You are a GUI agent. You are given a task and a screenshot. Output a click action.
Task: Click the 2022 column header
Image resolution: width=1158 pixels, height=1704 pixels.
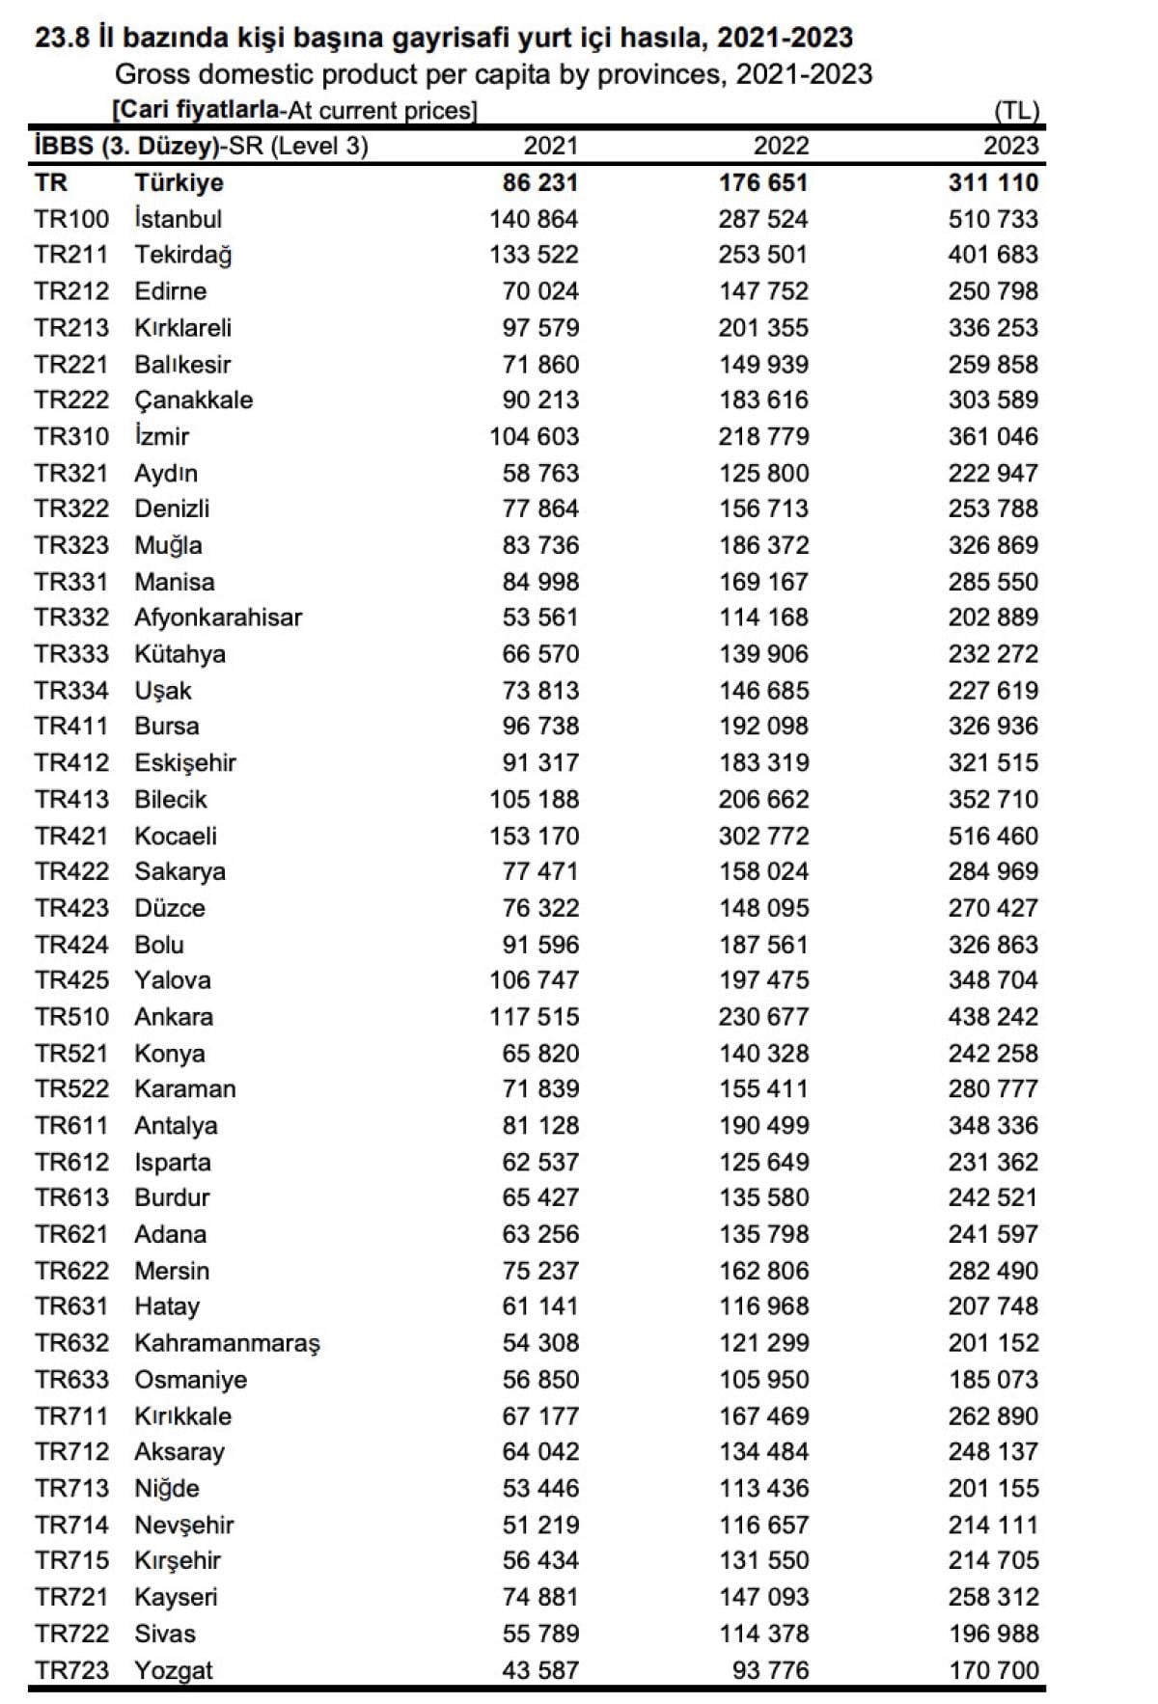[x=781, y=146]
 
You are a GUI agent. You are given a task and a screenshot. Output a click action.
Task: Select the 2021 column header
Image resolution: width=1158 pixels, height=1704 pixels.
[x=550, y=146]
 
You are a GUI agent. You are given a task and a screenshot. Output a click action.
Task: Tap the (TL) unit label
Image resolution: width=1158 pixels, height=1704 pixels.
[x=1016, y=110]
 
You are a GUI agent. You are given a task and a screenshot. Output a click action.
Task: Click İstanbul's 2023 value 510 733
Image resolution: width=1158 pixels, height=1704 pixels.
[x=993, y=219]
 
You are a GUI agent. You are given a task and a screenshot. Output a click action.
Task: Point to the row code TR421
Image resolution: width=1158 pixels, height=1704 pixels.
[x=71, y=836]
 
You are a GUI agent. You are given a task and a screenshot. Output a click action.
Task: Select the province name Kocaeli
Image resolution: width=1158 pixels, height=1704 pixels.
[x=176, y=836]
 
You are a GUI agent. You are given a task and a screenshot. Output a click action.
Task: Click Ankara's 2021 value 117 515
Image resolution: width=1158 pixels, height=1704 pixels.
[x=534, y=1017]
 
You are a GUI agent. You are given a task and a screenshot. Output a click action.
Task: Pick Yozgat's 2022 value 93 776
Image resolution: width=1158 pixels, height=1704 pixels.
[x=770, y=1670]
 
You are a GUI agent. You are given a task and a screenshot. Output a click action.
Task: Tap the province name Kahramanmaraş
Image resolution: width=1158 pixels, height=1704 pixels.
[x=227, y=1343]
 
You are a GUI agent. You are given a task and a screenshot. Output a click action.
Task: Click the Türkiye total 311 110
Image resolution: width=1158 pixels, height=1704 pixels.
[x=993, y=182]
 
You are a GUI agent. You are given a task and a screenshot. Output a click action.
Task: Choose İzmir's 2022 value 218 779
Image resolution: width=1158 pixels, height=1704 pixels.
[x=763, y=436]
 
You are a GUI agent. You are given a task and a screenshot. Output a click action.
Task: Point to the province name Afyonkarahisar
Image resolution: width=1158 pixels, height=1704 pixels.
[x=218, y=618]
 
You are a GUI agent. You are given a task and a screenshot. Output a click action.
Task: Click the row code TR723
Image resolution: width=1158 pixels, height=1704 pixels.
[x=71, y=1670]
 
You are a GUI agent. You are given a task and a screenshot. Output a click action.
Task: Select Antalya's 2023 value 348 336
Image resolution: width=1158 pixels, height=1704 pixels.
[x=993, y=1125]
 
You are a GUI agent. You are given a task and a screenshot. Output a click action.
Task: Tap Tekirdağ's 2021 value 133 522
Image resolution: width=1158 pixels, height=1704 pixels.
[x=534, y=255]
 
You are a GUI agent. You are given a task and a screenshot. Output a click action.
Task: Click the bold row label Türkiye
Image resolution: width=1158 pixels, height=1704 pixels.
[x=179, y=182]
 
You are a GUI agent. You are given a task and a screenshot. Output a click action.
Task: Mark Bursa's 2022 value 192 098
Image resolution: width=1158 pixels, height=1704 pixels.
[x=763, y=727]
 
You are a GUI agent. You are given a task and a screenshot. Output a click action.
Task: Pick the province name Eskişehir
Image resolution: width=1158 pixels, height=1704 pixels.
[x=185, y=763]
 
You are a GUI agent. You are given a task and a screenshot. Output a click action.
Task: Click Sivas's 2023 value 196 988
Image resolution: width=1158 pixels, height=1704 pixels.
[x=993, y=1634]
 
